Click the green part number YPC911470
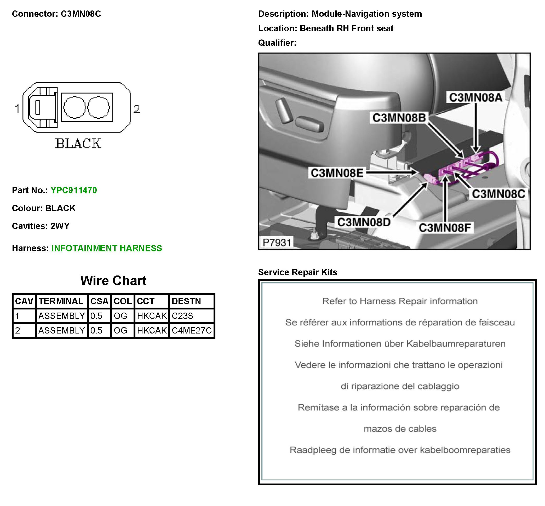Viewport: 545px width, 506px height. tap(74, 190)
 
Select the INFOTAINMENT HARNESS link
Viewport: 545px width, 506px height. tap(107, 248)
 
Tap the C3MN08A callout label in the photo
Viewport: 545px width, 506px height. tap(475, 97)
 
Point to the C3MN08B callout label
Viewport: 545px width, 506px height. tap(399, 118)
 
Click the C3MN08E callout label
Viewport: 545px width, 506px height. tap(337, 173)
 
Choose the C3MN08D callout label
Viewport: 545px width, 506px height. tap(364, 222)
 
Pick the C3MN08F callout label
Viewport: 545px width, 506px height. tap(445, 228)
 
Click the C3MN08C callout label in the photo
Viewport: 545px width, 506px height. tap(498, 194)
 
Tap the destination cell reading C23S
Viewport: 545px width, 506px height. tap(182, 316)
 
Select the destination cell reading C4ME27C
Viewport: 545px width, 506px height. tap(191, 330)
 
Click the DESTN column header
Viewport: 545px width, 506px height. tap(186, 301)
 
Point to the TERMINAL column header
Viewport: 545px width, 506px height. tap(61, 301)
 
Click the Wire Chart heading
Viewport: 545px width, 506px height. tap(113, 281)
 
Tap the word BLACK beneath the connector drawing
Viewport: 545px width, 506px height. tap(78, 144)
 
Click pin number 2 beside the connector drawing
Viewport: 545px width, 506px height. tap(137, 109)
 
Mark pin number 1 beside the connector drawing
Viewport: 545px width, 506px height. tap(17, 109)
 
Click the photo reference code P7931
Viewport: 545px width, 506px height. tap(277, 243)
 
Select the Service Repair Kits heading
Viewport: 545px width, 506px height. tap(298, 272)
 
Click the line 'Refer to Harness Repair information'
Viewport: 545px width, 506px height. tap(400, 301)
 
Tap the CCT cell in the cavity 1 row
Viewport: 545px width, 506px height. tap(152, 316)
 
